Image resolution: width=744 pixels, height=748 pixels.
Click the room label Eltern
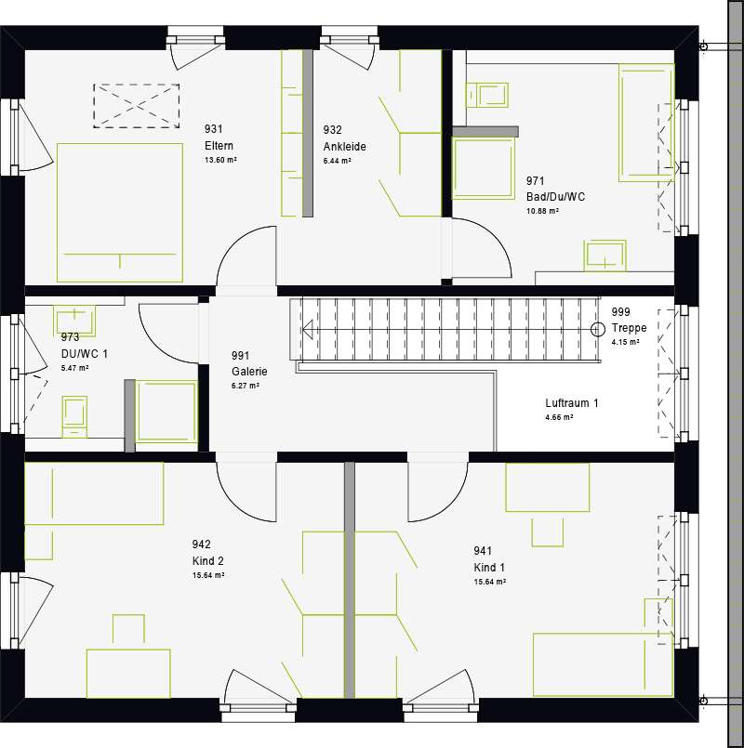(x=219, y=146)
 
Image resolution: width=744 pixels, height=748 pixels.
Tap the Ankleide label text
(x=344, y=147)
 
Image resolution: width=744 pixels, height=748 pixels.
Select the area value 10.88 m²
(x=542, y=211)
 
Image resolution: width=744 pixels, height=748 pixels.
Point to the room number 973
(x=70, y=337)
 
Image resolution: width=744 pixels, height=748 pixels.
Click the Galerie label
(x=249, y=372)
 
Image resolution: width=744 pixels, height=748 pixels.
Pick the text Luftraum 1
(x=572, y=403)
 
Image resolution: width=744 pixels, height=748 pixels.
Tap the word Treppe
(x=629, y=328)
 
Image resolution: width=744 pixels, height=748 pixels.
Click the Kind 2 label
(x=207, y=560)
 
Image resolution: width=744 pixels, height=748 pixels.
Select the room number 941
(x=483, y=550)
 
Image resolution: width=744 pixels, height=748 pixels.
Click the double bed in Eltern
(x=120, y=212)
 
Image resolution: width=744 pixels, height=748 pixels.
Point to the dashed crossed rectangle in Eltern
(x=137, y=106)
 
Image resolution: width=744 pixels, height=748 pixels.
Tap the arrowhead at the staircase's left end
(x=307, y=329)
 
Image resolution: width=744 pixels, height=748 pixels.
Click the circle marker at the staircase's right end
(x=598, y=329)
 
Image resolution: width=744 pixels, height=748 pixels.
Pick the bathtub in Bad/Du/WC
(x=647, y=123)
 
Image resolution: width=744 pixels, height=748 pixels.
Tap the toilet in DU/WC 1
(x=74, y=416)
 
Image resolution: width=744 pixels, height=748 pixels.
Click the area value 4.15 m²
(x=625, y=342)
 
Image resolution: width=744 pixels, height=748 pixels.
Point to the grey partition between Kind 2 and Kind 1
(x=350, y=580)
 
